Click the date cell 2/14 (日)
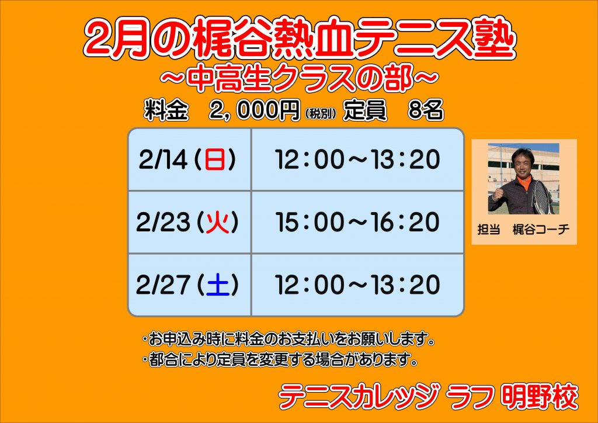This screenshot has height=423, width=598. (x=190, y=160)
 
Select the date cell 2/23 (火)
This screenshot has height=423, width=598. (x=190, y=222)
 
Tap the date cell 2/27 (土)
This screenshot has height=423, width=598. (x=190, y=285)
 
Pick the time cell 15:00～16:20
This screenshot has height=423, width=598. (x=357, y=222)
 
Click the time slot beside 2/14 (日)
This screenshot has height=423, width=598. (x=357, y=160)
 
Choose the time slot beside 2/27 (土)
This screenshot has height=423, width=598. (x=357, y=285)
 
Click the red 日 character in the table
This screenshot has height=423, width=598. (x=215, y=160)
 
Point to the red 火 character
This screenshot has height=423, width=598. (x=218, y=222)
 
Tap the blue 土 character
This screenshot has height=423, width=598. (x=218, y=285)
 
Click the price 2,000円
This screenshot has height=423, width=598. (x=255, y=110)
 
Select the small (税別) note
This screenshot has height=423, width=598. (x=321, y=113)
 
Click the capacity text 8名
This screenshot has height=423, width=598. (x=426, y=110)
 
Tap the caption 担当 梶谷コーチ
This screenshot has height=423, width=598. (x=524, y=230)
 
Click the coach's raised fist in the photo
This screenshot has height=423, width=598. (x=498, y=194)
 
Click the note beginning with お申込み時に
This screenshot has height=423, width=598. (x=288, y=339)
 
